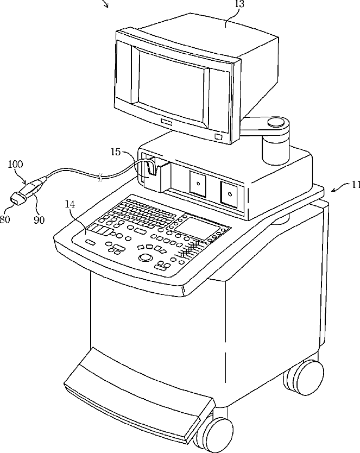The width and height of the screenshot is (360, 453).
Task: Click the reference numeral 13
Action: pyautogui.click(x=239, y=4)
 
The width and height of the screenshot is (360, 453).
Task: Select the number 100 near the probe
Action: pyautogui.click(x=16, y=163)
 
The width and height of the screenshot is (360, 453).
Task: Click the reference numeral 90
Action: pyautogui.click(x=39, y=219)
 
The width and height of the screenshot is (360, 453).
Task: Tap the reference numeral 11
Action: pyautogui.click(x=355, y=185)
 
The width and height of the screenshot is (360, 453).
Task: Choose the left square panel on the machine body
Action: pyautogui.click(x=198, y=183)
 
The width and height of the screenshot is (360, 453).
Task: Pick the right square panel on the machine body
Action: pyautogui.click(x=229, y=193)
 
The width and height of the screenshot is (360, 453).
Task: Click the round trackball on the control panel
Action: pyautogui.click(x=145, y=256)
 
